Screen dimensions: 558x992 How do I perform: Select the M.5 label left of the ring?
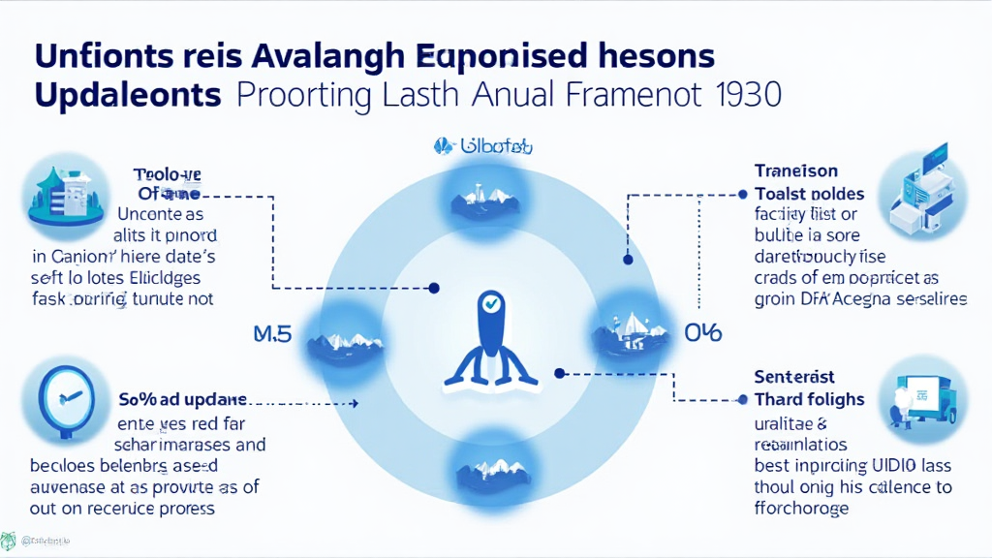[x=272, y=335]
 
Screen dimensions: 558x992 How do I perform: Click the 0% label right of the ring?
[x=702, y=333]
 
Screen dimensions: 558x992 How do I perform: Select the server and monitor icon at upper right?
[x=921, y=192]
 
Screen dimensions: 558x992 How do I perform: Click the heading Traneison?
[x=796, y=171]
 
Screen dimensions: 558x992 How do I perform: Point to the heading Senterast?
[x=794, y=376]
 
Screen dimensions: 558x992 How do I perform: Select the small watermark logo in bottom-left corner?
[x=9, y=541]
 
